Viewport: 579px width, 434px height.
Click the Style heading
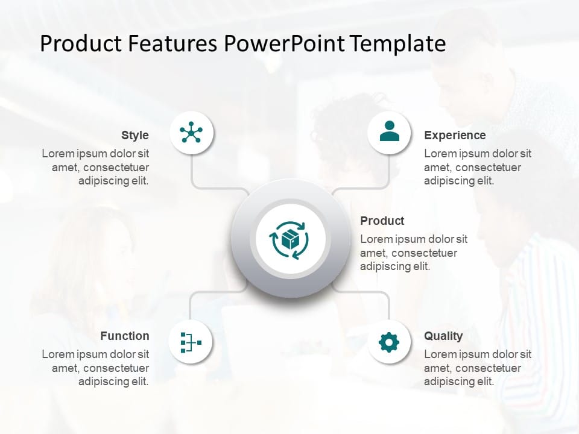coord(134,135)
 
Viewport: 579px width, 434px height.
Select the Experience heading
coord(454,135)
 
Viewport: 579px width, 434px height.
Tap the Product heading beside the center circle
coord(382,221)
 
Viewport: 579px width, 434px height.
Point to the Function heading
coord(125,336)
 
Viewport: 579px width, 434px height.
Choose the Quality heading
coord(443,336)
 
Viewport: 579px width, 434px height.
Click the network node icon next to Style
coord(191,133)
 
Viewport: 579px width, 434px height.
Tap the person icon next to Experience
coord(389,132)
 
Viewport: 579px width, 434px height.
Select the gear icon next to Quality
coord(389,342)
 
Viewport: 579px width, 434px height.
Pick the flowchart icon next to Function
coord(191,342)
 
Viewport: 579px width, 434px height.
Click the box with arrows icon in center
coord(290,239)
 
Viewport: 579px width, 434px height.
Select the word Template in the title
coord(398,44)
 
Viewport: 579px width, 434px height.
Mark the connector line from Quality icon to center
coord(388,304)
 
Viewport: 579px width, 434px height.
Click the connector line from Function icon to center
coord(191,304)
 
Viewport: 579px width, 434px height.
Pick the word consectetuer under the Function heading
coord(116,368)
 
